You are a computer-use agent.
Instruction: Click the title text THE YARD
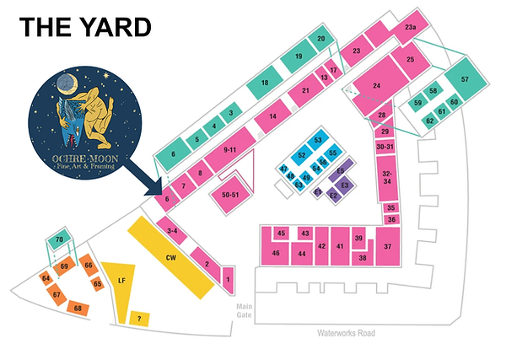[x=85, y=28]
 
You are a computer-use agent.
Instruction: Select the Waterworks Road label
[x=345, y=333]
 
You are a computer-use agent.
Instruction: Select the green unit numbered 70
[x=59, y=240]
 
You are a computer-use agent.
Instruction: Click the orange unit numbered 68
[x=78, y=309]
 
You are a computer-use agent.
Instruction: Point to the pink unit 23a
[x=411, y=29]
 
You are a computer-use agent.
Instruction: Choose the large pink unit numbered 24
[x=377, y=86]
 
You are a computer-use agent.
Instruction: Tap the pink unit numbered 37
[x=387, y=247]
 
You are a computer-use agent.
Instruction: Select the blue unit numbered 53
[x=318, y=140]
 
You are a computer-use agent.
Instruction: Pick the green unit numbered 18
[x=264, y=83]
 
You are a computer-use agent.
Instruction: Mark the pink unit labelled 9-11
[x=229, y=149]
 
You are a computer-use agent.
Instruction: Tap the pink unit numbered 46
[x=276, y=253]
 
